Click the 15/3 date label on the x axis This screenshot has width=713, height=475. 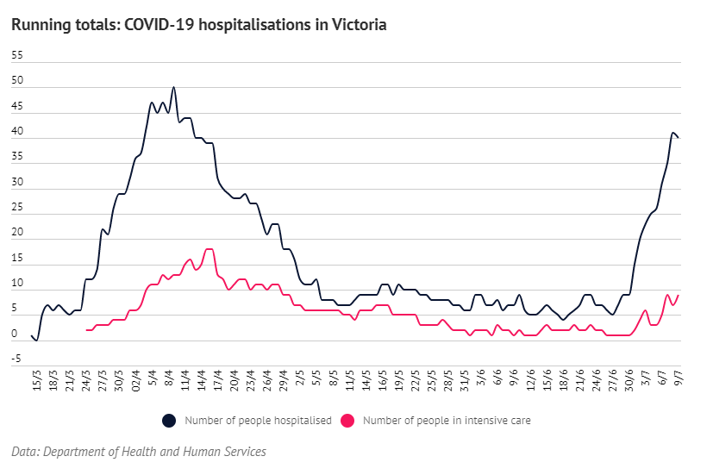pos(36,382)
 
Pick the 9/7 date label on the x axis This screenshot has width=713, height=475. pos(678,382)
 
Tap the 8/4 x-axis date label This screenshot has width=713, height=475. pos(169,382)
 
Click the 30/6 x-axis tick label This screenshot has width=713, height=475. pos(630,382)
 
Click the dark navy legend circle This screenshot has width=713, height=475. pos(169,421)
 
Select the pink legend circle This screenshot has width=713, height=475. pos(348,421)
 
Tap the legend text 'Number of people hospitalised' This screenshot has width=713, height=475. pos(258,421)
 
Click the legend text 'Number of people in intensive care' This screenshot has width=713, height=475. pos(447,421)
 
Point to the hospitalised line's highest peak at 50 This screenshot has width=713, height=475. pos(174,88)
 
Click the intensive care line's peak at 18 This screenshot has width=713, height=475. pos(209,249)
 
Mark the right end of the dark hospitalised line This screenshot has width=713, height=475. pos(679,138)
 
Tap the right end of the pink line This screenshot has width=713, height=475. pos(679,296)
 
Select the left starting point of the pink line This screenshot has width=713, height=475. pos(86,330)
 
